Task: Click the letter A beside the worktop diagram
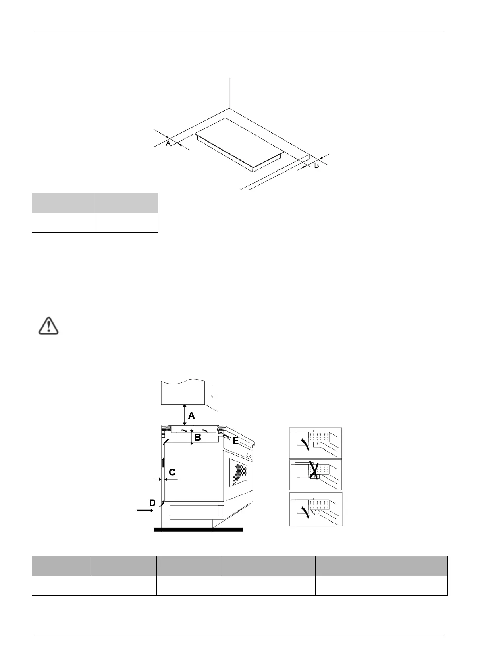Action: (x=168, y=143)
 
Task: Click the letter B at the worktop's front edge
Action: (x=316, y=165)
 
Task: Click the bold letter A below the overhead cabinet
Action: (x=191, y=416)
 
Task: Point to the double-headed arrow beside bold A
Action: (x=184, y=415)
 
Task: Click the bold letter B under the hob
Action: (x=197, y=438)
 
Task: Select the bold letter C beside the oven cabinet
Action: (x=172, y=472)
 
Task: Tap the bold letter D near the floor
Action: (x=152, y=503)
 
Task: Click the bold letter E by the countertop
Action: (x=235, y=441)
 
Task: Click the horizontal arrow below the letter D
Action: (x=145, y=510)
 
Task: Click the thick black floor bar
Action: (x=198, y=529)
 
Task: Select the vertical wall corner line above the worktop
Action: (x=229, y=93)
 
